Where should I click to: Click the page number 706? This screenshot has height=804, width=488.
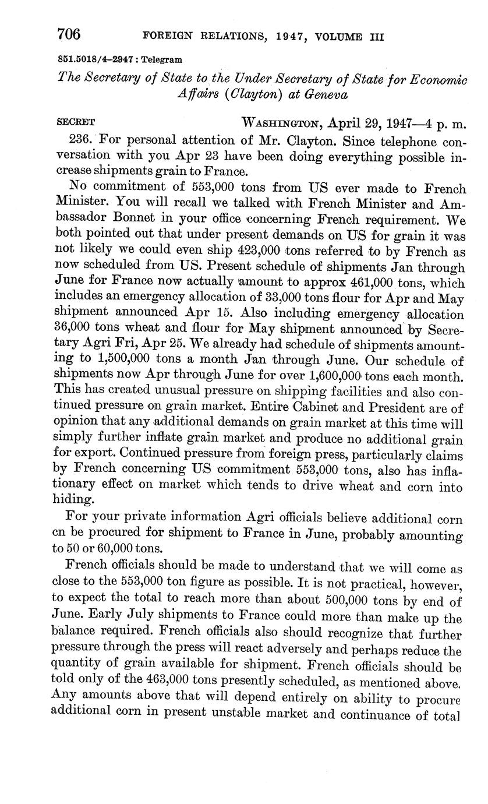click(x=69, y=34)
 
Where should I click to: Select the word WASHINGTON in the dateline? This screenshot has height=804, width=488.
click(x=281, y=124)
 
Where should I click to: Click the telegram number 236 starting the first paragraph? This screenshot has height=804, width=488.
click(x=81, y=140)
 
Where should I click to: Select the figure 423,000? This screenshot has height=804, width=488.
click(x=261, y=252)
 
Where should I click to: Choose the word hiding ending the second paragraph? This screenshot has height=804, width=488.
click(x=73, y=499)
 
